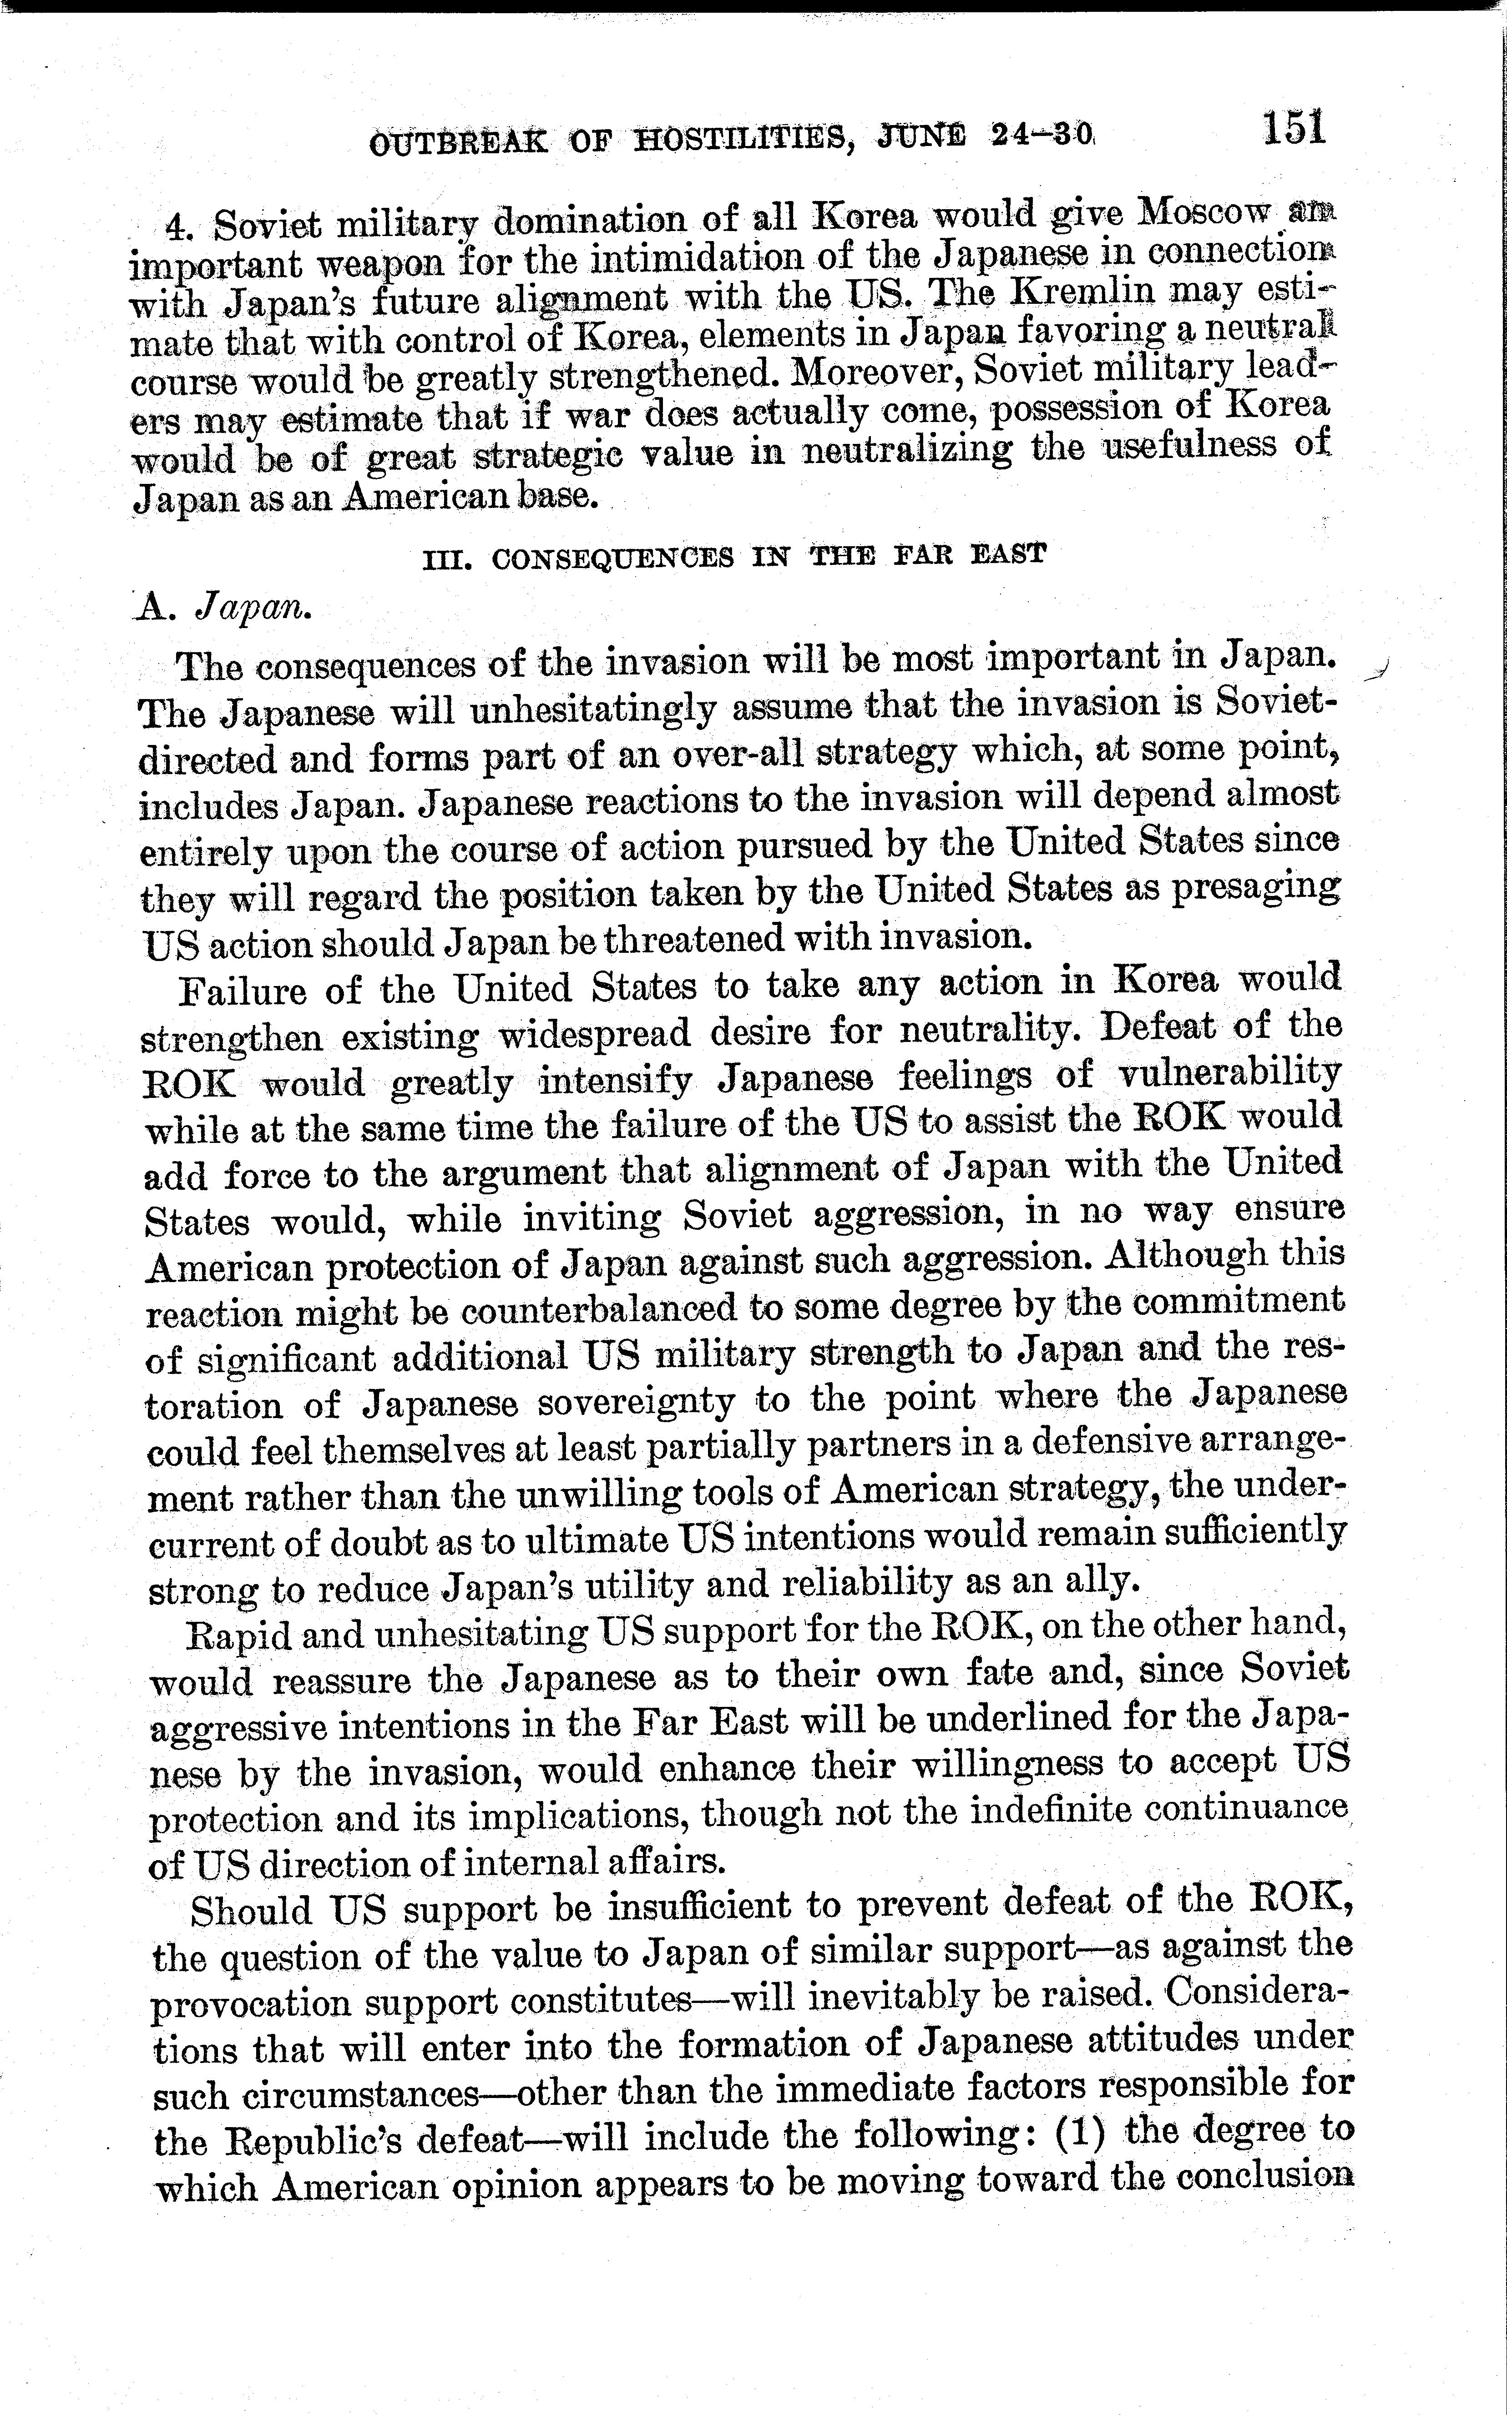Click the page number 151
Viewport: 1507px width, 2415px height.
tap(1294, 130)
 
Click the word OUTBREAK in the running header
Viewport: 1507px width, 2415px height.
tap(457, 142)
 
